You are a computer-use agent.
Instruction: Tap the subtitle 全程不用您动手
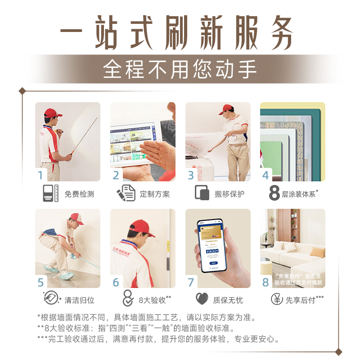point(180,69)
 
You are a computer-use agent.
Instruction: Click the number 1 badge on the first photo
point(41,175)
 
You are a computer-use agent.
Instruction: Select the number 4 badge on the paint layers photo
point(265,175)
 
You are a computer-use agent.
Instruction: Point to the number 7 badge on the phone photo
point(191,282)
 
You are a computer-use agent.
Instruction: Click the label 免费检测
point(79,194)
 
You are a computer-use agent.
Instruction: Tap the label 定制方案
point(154,194)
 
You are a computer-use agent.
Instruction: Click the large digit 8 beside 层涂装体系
point(274,193)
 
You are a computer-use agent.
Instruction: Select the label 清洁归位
point(79,300)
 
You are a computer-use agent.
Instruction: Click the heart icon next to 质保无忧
point(202,299)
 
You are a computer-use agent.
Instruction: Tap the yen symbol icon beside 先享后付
point(277,299)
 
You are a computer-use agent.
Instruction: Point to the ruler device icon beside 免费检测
point(50,193)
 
